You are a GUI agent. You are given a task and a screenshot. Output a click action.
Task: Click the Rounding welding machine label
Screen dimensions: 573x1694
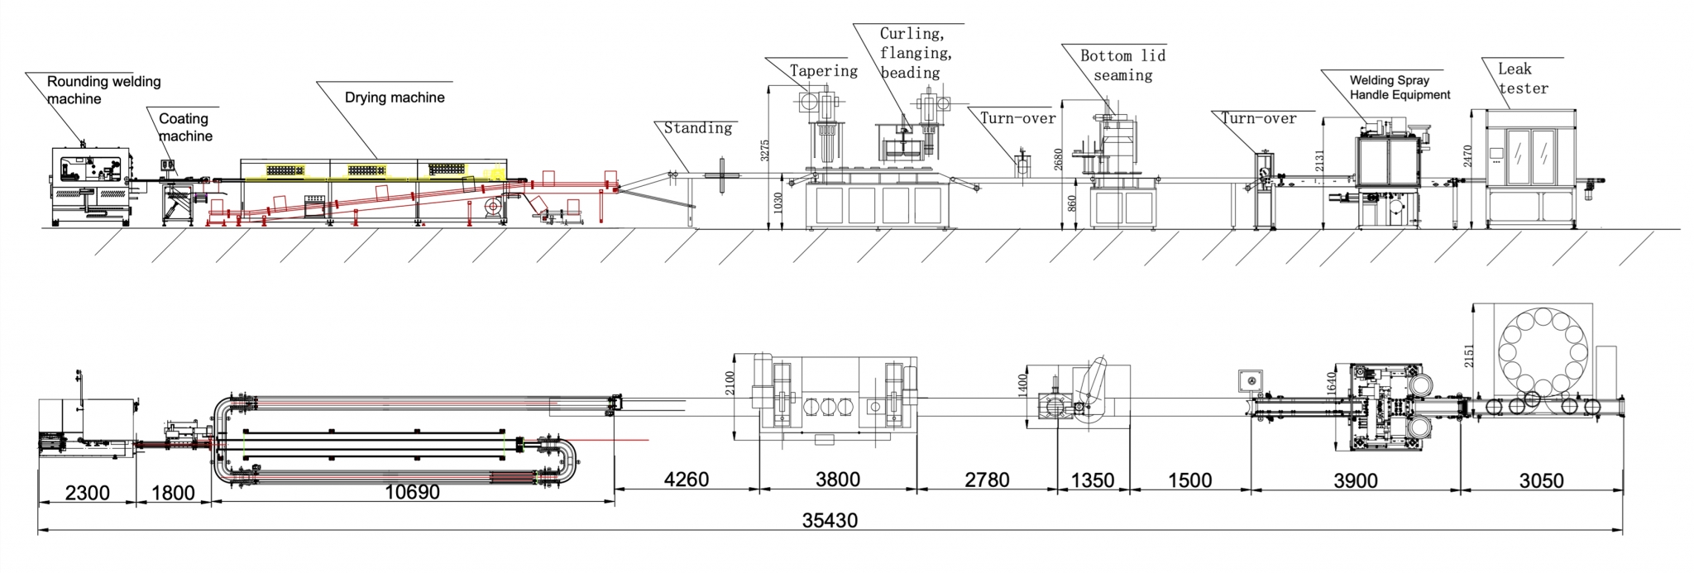(103, 90)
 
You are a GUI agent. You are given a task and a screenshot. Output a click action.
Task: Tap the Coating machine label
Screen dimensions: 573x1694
(185, 127)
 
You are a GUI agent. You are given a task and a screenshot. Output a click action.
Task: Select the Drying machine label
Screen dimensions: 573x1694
(395, 98)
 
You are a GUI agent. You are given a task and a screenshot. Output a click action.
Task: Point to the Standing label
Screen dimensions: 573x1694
(698, 128)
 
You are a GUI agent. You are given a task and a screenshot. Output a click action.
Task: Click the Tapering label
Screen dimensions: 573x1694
(823, 71)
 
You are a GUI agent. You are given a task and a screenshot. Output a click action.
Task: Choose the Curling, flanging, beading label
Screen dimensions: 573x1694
(914, 53)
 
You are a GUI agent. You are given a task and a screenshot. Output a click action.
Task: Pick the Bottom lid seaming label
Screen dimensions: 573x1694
(1122, 65)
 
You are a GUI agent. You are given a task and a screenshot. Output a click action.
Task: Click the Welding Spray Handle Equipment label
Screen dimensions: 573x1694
(1400, 88)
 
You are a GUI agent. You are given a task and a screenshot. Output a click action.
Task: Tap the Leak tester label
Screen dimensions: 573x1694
(1522, 79)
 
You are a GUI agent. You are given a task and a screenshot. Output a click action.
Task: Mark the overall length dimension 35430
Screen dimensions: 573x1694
(830, 521)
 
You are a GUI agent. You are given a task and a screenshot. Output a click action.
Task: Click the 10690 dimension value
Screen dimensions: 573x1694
(412, 493)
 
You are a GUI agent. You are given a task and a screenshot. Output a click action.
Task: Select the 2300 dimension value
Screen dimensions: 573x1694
(87, 494)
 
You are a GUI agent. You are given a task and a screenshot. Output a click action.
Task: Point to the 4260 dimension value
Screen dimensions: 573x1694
(687, 480)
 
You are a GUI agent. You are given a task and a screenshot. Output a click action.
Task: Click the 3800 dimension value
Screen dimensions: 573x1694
(837, 480)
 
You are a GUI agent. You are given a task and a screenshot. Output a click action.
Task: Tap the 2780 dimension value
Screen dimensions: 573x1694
(987, 480)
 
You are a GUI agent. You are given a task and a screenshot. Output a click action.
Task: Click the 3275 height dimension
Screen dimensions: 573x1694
(766, 150)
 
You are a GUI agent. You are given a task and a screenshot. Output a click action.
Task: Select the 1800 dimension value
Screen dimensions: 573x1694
(173, 494)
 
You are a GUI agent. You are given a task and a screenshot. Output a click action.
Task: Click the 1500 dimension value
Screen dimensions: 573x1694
(1189, 480)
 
